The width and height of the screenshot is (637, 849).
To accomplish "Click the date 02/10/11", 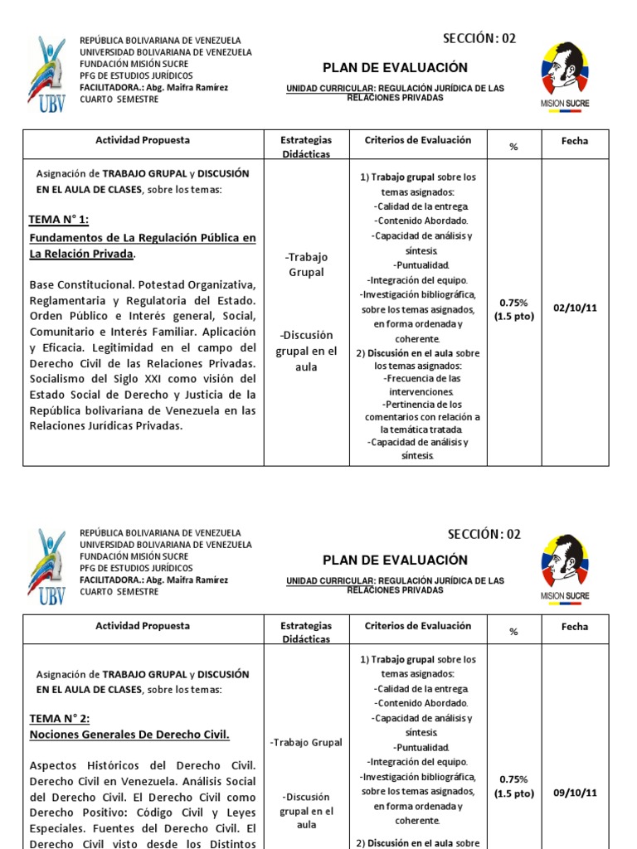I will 575,308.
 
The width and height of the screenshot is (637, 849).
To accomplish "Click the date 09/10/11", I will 575,792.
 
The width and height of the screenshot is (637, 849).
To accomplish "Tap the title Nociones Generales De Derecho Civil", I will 129,735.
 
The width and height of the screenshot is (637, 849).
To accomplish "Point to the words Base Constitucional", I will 80,284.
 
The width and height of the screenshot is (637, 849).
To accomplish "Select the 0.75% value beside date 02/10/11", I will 513,303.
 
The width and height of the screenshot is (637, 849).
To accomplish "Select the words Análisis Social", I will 215,781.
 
